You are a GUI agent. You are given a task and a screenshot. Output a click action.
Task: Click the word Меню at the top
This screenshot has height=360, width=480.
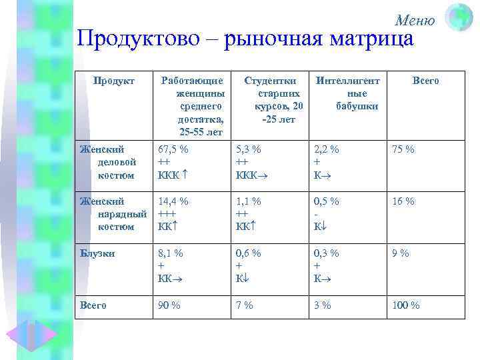click(x=415, y=21)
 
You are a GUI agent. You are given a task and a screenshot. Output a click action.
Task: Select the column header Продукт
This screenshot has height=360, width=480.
click(x=114, y=81)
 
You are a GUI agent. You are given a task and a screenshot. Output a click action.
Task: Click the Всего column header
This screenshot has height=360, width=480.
click(x=426, y=81)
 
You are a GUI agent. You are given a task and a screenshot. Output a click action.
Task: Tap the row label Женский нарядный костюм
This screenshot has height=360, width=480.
click(x=110, y=214)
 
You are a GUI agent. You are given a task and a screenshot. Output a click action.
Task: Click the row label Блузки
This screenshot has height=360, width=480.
click(x=97, y=253)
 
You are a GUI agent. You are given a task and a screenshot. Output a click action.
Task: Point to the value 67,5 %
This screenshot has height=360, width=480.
click(x=173, y=149)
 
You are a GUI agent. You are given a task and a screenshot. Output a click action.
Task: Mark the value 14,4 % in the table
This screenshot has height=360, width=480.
click(x=173, y=201)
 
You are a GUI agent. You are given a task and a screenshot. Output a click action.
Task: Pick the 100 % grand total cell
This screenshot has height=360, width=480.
click(x=406, y=305)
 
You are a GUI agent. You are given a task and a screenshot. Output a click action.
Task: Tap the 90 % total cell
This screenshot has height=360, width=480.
click(x=169, y=305)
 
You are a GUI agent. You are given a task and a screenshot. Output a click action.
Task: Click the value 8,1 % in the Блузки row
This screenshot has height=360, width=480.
click(x=170, y=253)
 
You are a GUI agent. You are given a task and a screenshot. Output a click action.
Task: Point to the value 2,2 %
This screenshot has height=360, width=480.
click(x=326, y=149)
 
